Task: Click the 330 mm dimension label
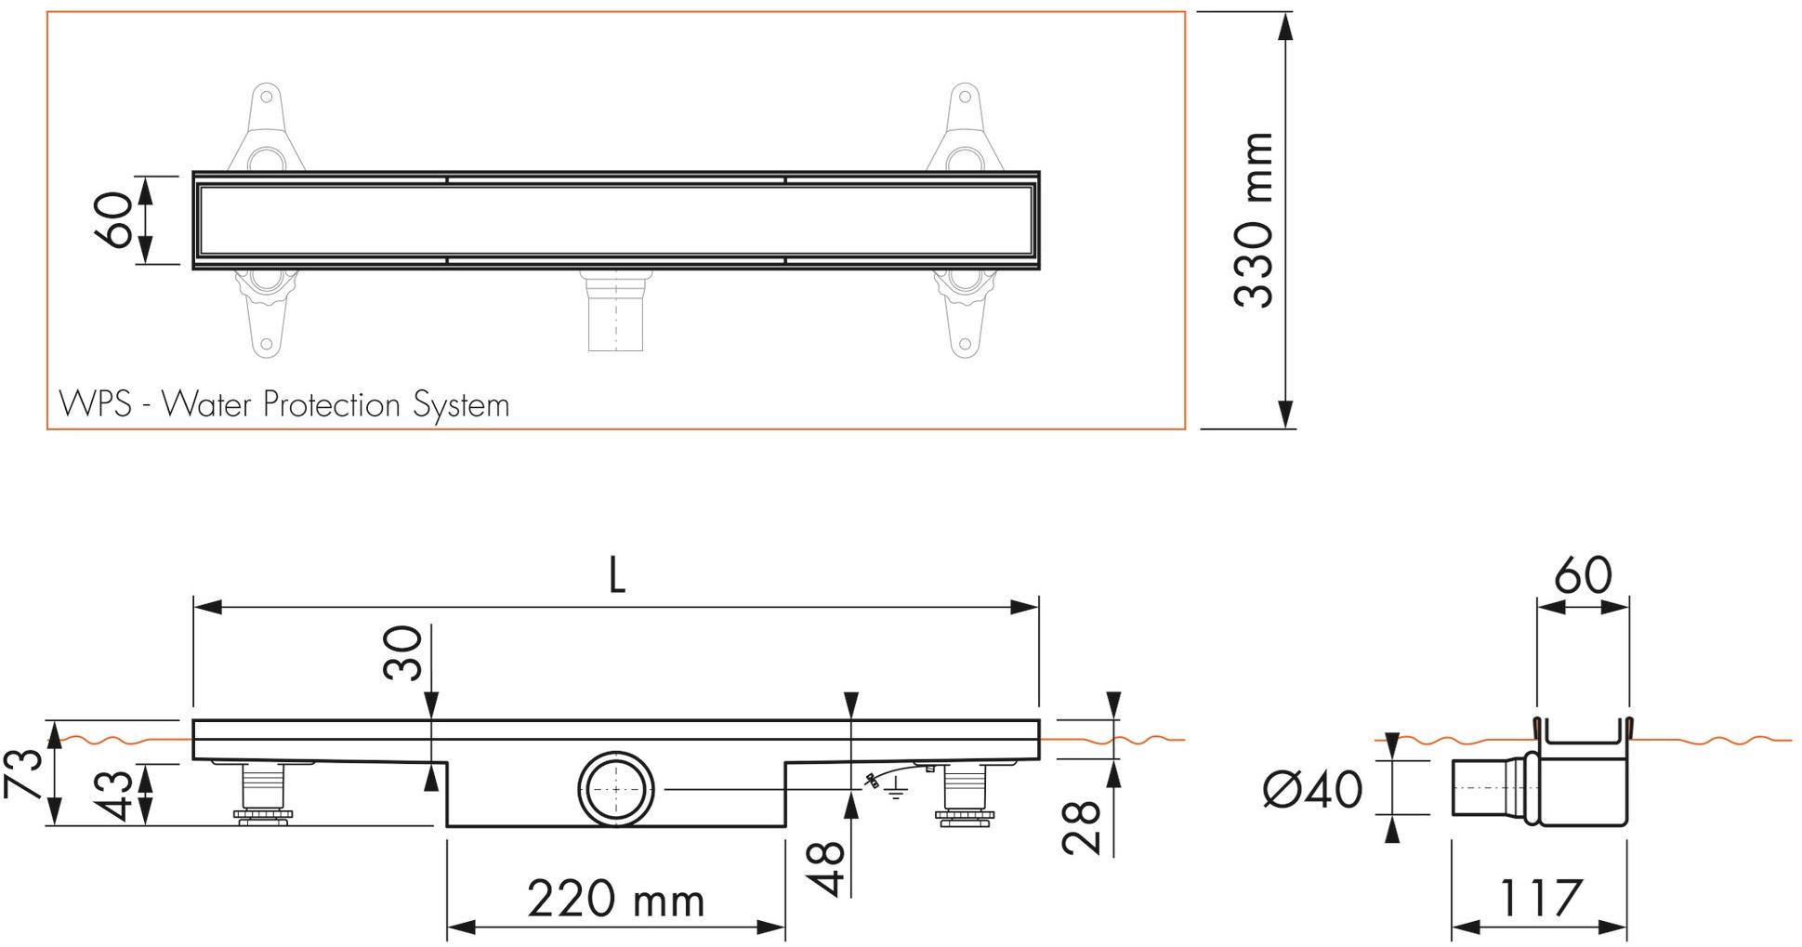(x=1254, y=220)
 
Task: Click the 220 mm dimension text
(x=615, y=900)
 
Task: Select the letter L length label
(x=616, y=577)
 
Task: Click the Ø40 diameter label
(x=1313, y=789)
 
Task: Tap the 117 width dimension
(x=1539, y=899)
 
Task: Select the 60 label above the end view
(x=1583, y=576)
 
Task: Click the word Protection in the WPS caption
(x=332, y=405)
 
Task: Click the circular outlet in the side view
(x=616, y=788)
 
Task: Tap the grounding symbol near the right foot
(x=894, y=793)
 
